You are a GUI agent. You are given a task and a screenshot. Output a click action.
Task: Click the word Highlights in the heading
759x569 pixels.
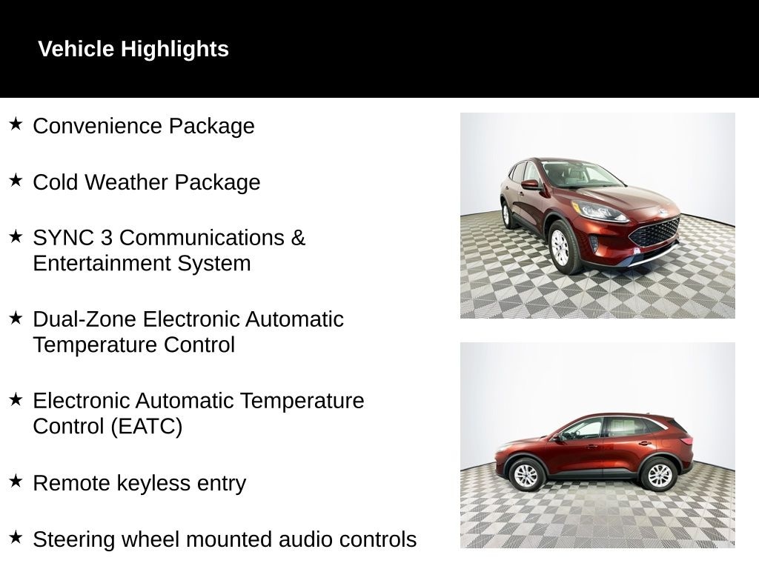click(x=174, y=50)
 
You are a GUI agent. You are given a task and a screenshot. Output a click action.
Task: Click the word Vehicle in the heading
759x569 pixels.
click(x=76, y=49)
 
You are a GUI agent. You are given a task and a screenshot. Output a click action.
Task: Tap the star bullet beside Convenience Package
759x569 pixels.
click(x=16, y=124)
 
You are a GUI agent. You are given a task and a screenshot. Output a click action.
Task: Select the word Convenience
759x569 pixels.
click(x=97, y=126)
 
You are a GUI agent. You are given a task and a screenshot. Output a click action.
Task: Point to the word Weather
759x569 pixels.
click(x=127, y=182)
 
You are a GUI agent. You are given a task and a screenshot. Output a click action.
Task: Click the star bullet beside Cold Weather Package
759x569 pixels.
click(x=16, y=180)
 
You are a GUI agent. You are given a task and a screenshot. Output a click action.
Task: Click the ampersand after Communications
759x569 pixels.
click(x=298, y=238)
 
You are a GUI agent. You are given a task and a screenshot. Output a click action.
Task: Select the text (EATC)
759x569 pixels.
click(x=146, y=427)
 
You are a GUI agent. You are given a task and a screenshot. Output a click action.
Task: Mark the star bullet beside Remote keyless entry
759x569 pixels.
click(x=16, y=481)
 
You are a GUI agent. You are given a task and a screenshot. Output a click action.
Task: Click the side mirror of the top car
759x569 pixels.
click(x=531, y=184)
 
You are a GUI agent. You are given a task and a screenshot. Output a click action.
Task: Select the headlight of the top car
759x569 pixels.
click(x=599, y=211)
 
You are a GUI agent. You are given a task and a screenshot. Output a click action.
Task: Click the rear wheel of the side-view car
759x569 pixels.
click(x=659, y=475)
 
